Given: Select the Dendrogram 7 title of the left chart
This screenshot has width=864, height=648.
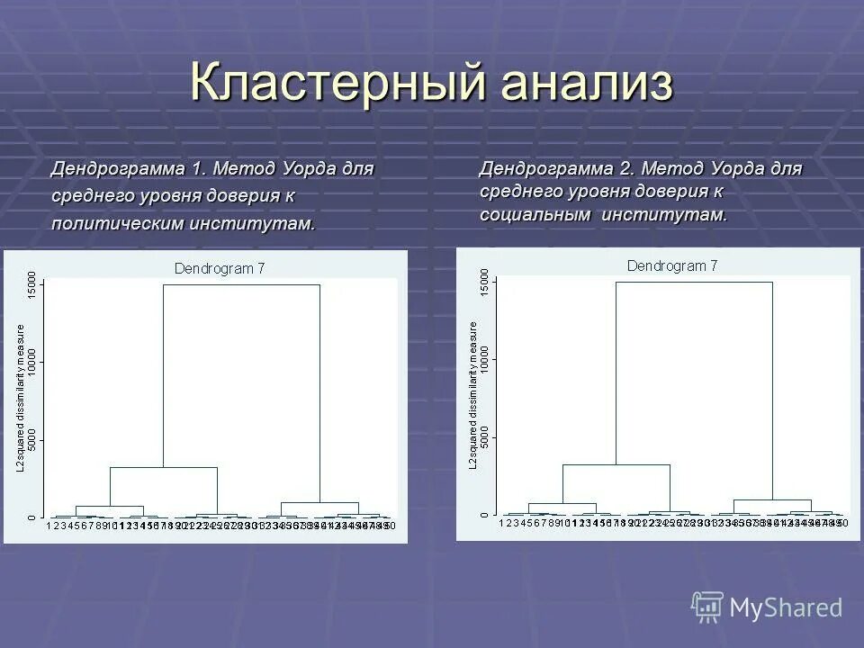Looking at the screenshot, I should click(220, 267).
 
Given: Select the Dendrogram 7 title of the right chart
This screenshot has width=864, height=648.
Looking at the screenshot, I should click(672, 265).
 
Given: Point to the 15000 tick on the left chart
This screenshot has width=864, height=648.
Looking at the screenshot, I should click(32, 285).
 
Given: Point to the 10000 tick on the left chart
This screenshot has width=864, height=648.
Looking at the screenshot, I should click(32, 362).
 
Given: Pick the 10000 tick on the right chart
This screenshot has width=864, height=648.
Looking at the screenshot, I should click(485, 360).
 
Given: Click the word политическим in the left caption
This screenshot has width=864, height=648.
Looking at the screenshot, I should click(116, 223).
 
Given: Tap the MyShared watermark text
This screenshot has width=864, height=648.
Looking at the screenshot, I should click(786, 608).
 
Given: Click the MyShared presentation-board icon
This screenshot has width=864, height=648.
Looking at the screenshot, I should click(707, 606).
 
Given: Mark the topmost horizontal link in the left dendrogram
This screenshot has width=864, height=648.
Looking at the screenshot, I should click(241, 285).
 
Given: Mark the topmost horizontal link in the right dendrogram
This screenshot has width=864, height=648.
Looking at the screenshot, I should click(694, 283).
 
